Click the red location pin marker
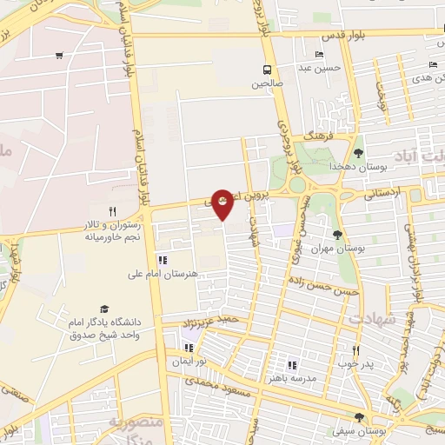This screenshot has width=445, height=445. [222, 203]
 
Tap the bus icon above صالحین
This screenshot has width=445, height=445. [268, 70]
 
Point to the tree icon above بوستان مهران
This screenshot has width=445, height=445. [337, 235]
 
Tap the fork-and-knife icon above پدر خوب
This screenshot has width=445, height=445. [355, 349]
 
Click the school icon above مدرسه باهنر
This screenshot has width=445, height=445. [292, 365]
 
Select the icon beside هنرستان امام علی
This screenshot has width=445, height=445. [163, 259]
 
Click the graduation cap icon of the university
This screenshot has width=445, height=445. [104, 309]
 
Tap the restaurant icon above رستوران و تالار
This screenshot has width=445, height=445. [112, 211]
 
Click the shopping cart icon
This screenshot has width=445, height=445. [59, 56]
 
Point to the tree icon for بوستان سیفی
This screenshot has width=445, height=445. [359, 417]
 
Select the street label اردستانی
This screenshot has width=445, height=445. [382, 194]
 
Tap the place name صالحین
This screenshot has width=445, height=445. [268, 84]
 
